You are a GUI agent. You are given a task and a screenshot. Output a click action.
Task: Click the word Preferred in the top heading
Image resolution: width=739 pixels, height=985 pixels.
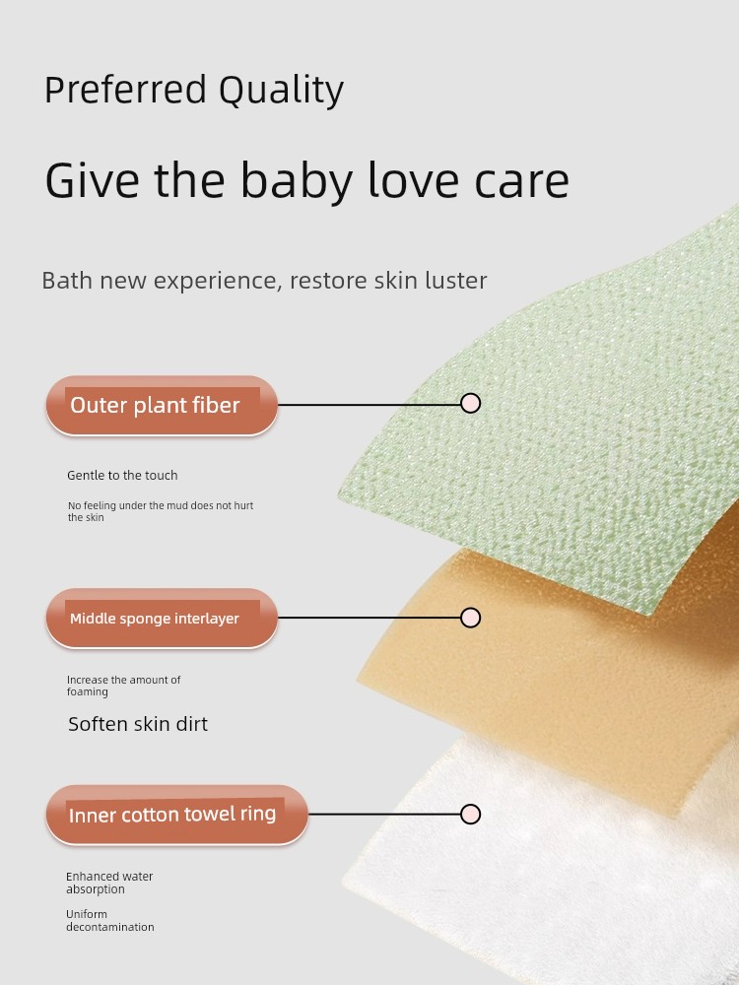click(x=125, y=90)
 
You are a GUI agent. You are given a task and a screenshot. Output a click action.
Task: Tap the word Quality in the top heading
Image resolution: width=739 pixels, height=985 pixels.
click(x=282, y=91)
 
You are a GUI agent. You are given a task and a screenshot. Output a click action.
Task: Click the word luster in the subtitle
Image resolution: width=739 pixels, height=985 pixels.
click(x=455, y=280)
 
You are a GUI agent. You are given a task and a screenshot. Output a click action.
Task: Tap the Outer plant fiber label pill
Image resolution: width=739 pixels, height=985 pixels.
click(x=162, y=405)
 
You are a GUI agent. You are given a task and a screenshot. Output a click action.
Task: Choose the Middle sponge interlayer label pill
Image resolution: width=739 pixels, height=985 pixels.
click(x=162, y=619)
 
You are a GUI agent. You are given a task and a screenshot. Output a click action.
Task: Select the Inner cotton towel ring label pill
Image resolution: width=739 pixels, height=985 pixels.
click(x=176, y=815)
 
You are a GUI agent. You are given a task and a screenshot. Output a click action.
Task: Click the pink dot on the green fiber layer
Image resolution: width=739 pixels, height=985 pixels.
click(x=470, y=403)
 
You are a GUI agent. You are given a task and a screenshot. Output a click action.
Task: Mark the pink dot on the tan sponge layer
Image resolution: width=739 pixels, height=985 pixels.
click(x=470, y=618)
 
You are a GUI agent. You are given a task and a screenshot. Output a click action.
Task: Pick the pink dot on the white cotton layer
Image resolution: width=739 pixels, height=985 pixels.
click(x=470, y=815)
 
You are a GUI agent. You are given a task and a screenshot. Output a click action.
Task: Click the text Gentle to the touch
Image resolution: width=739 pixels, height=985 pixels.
click(x=122, y=476)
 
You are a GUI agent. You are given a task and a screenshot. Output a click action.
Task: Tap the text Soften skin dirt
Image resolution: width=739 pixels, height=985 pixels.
click(x=138, y=724)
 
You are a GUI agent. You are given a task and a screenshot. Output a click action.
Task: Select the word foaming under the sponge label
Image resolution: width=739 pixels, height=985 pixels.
click(x=88, y=692)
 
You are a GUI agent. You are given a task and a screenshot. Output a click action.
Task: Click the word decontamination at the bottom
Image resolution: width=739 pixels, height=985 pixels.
click(x=110, y=927)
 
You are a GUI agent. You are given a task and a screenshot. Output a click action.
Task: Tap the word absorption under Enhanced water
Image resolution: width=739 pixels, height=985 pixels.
click(x=96, y=890)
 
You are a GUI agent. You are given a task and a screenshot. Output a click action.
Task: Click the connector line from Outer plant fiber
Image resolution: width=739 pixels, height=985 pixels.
click(x=369, y=405)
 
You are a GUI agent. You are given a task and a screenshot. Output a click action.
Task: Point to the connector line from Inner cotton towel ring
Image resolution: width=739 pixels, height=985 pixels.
click(x=384, y=815)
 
